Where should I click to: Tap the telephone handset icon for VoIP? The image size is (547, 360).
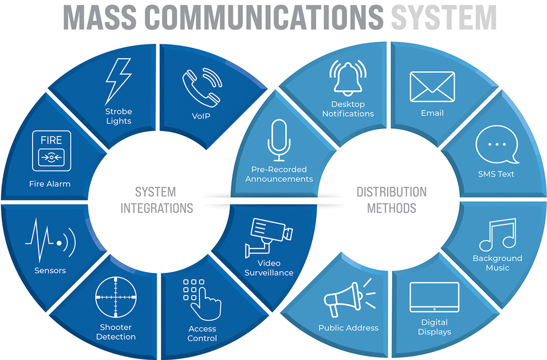(x=201, y=88)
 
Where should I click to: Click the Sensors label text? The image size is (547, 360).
(x=50, y=271)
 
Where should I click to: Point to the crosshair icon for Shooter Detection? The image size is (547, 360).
(x=116, y=297)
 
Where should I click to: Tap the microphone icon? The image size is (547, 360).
(x=279, y=140)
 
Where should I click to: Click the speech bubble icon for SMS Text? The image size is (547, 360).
(x=497, y=145)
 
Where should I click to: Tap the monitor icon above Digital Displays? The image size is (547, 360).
(x=434, y=297)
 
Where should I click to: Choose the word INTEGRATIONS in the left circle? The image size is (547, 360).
(x=156, y=208)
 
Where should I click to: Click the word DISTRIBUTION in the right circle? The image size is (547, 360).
(x=391, y=192)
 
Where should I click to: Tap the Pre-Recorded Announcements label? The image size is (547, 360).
(x=279, y=174)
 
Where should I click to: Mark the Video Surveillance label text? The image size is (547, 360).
(x=269, y=268)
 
